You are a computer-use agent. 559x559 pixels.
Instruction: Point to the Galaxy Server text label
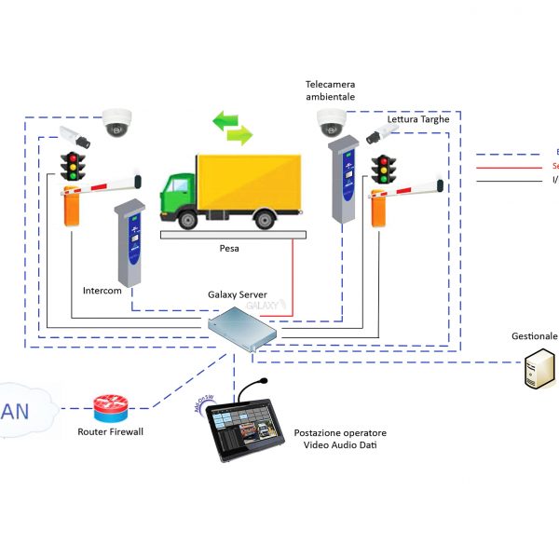click(x=238, y=295)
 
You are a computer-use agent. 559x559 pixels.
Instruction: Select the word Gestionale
click(x=534, y=336)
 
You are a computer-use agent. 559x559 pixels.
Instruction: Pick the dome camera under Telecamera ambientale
click(x=332, y=120)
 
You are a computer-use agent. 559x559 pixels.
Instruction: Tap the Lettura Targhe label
click(x=419, y=118)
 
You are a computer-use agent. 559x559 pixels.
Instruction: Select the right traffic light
click(x=383, y=170)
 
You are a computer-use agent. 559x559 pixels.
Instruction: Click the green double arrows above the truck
click(x=232, y=129)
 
